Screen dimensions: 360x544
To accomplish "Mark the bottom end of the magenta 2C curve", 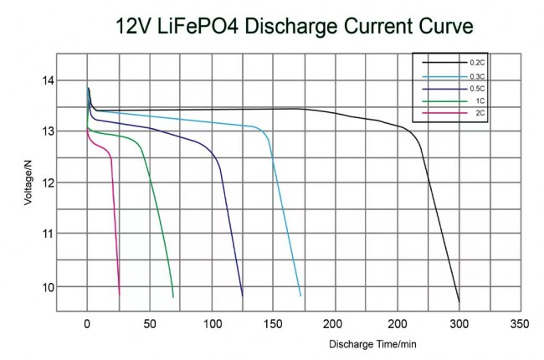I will pyautogui.click(x=120, y=294).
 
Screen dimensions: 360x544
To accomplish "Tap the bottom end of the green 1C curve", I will pyautogui.click(x=173, y=297).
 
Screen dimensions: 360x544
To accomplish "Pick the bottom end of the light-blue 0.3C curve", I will pyautogui.click(x=300, y=296).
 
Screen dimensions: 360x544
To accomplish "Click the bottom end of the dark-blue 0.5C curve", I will pyautogui.click(x=243, y=296).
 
